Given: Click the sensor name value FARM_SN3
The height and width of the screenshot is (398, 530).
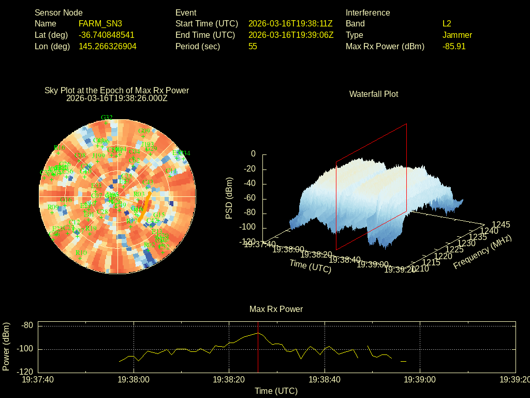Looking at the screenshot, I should (x=100, y=23).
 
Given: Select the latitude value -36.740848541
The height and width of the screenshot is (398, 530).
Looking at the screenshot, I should (x=107, y=35).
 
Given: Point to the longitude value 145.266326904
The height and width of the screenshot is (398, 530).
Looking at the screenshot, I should (x=108, y=46).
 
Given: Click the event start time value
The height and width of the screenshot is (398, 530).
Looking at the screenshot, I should (x=290, y=23).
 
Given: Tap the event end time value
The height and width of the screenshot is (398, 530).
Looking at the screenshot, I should (x=290, y=35).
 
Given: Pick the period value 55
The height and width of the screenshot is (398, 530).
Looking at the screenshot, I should (x=253, y=46).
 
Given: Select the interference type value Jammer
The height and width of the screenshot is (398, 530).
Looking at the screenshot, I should (x=457, y=35).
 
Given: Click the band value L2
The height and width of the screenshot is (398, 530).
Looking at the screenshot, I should (x=447, y=23).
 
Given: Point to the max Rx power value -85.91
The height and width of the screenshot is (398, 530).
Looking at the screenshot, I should (x=454, y=46).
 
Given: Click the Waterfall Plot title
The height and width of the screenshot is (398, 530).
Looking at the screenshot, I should (x=374, y=94).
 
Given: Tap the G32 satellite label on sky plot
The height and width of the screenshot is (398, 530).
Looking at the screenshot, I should (x=107, y=118).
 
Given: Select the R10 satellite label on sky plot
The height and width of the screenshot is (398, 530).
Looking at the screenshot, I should (x=81, y=253).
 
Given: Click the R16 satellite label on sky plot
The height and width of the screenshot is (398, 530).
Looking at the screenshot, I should (x=60, y=148).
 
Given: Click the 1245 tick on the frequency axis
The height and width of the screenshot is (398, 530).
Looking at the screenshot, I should (x=500, y=224).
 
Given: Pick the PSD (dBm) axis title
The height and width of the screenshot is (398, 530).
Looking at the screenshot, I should (x=229, y=198).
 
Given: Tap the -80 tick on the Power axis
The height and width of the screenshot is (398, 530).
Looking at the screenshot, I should (x=27, y=325).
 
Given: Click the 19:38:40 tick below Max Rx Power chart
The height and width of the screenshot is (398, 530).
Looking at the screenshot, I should (x=325, y=379).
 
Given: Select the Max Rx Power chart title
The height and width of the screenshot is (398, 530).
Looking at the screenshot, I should (x=276, y=309).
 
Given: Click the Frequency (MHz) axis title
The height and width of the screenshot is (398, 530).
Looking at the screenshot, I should (x=482, y=252).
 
